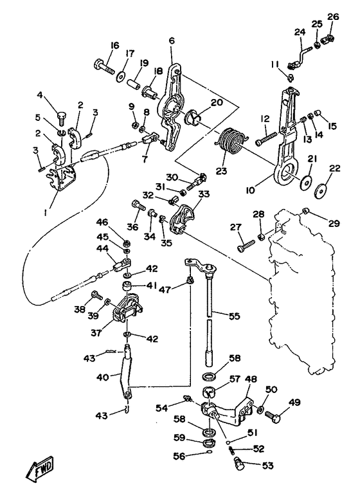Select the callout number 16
point(115,46)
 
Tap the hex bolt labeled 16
point(104,68)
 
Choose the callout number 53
point(268,466)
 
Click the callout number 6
point(172,41)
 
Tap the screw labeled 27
point(246,246)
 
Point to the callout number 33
point(204,194)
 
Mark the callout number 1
point(45,213)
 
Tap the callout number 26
point(333,17)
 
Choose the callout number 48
point(251,379)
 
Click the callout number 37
point(96,332)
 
